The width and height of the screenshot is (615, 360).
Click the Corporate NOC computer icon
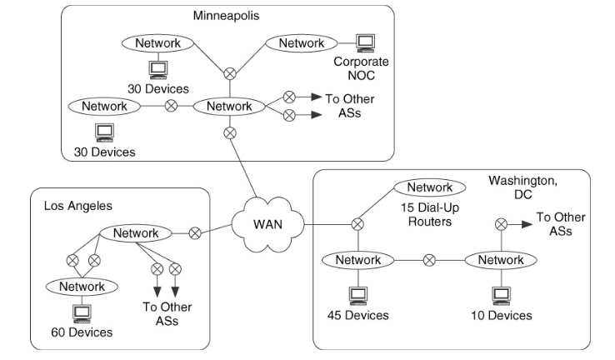coord(363,42)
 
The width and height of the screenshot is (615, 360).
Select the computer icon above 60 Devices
coord(82,312)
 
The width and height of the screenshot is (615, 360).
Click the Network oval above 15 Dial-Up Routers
coord(425,187)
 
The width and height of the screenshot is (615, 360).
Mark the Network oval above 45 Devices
coord(358,260)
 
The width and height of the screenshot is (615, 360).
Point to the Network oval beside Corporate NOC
coord(302,42)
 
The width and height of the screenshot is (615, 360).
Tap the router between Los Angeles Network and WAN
coord(195,233)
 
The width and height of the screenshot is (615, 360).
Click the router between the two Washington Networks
coord(429,260)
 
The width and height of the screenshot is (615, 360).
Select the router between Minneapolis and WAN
coord(231,132)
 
